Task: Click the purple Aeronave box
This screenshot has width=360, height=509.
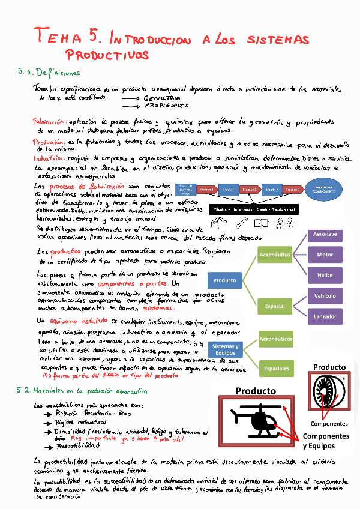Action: [325, 235]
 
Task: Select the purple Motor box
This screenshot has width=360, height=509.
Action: [325, 254]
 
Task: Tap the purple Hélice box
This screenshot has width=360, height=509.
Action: [325, 276]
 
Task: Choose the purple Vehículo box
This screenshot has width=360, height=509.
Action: [325, 296]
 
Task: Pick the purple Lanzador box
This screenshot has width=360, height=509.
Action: [325, 316]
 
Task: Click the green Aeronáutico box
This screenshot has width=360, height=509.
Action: [275, 255]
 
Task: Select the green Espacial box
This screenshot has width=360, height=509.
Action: [275, 306]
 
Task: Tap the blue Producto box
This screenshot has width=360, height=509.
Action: [225, 280]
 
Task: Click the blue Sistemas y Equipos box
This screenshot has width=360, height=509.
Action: [225, 350]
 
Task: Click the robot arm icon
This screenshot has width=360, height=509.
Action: [215, 223]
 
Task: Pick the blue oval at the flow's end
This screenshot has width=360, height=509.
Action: [325, 190]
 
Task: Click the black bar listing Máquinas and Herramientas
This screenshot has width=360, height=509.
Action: [256, 209]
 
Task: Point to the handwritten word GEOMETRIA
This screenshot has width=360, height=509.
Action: [162, 97]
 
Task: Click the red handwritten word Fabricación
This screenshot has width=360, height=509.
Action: [50, 121]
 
